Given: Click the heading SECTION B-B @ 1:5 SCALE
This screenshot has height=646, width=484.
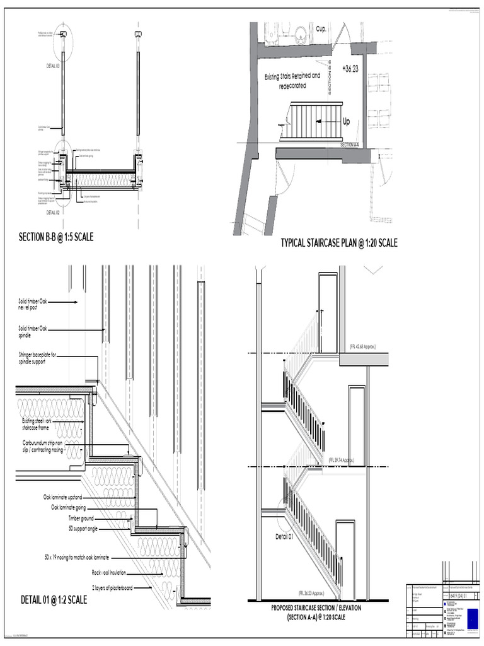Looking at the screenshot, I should pos(55,237).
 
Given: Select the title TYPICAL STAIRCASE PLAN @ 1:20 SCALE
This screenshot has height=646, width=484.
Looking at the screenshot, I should pos(339,243).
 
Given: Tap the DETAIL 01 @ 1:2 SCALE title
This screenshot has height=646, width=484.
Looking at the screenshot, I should pos(54,599).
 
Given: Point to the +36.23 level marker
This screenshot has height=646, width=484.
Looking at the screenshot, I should pos(350,69).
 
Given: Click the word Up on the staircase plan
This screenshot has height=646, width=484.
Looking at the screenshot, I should pos(346,122).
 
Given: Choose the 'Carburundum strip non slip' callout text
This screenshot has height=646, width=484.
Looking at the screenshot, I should pos(44,446).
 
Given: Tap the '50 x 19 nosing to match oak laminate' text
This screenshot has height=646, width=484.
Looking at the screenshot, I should pos(76,558).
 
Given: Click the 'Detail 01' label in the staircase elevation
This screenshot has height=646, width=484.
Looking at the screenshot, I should pos(284,536).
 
